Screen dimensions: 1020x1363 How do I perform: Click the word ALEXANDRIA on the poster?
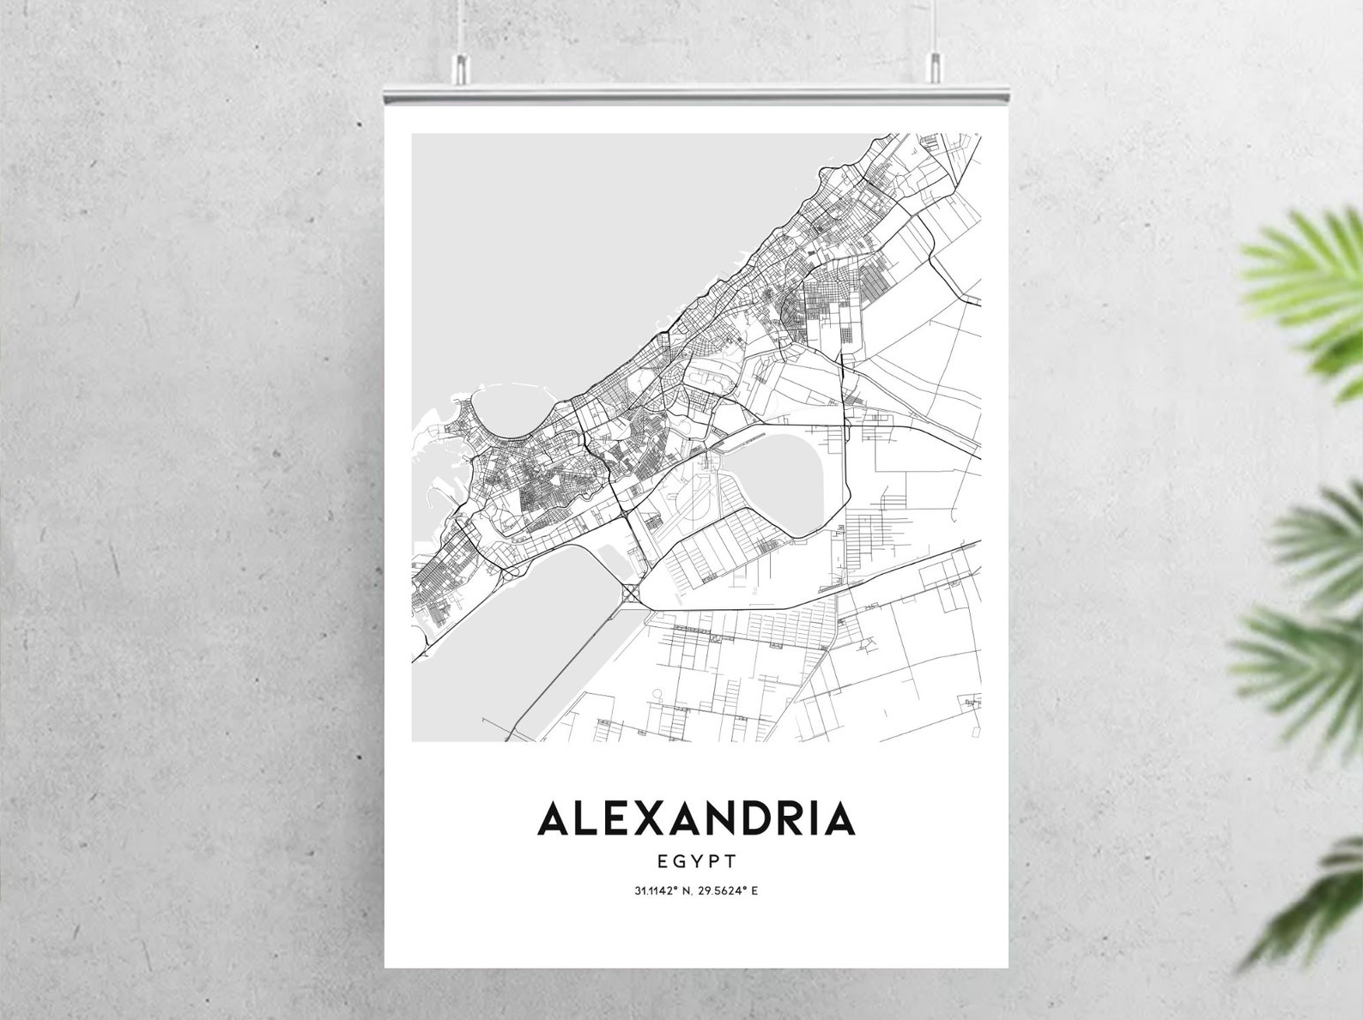[x=695, y=818]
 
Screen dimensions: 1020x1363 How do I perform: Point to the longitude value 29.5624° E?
[x=728, y=890]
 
